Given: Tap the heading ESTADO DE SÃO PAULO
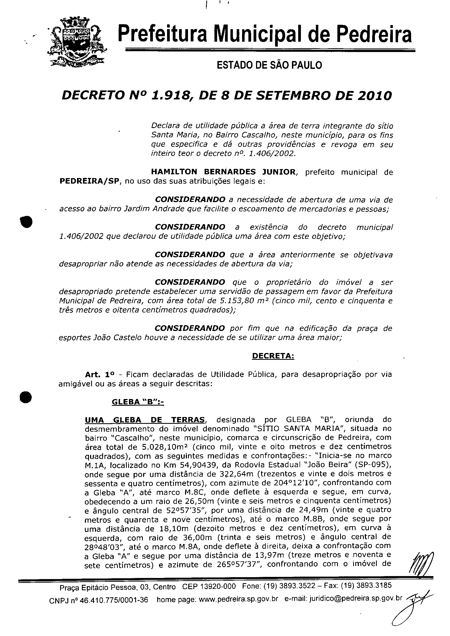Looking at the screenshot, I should [x=269, y=65].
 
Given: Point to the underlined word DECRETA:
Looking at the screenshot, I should [x=273, y=356].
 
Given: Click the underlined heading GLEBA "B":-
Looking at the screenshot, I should [x=137, y=402].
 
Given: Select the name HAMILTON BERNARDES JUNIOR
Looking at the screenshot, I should [x=224, y=172].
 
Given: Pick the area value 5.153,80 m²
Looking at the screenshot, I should [x=239, y=301].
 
